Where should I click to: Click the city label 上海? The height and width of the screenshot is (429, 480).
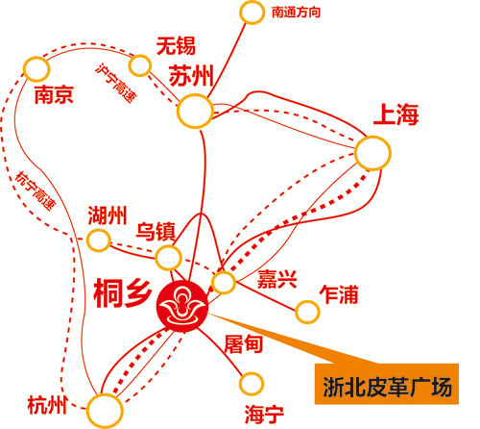click(x=396, y=114)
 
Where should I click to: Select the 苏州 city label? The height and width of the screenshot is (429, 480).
click(x=191, y=76)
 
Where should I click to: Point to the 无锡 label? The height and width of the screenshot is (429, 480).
click(x=176, y=46)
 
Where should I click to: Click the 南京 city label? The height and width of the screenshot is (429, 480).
click(x=54, y=94)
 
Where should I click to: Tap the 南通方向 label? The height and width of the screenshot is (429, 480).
click(x=296, y=13)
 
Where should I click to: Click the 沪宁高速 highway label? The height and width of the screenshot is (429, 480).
click(x=116, y=83)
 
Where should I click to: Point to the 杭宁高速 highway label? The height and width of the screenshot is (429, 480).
click(x=36, y=191)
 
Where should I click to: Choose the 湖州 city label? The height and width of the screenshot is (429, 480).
click(x=108, y=215)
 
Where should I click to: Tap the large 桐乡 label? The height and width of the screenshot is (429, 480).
click(x=123, y=293)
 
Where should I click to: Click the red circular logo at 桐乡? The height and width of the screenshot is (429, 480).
click(x=182, y=306)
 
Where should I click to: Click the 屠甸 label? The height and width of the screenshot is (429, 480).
click(x=244, y=344)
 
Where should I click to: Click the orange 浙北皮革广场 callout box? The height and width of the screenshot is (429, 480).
click(x=387, y=384)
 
